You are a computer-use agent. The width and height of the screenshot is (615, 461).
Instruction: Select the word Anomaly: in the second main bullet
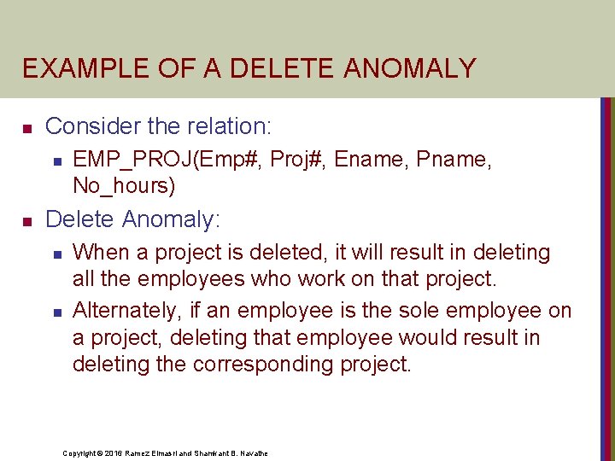pyautogui.click(x=171, y=219)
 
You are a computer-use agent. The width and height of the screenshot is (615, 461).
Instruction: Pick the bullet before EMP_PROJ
pyautogui.click(x=56, y=160)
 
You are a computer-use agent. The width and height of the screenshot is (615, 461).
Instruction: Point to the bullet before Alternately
pyautogui.click(x=56, y=312)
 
